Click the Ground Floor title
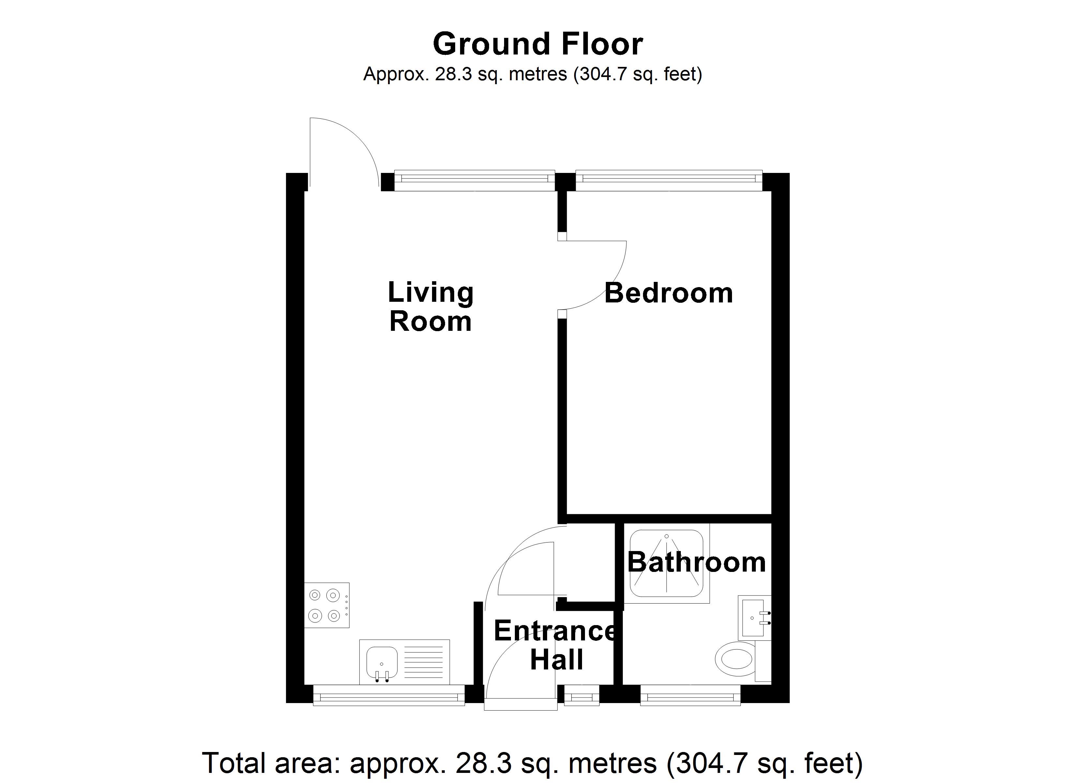[538, 44]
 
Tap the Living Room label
[430, 307]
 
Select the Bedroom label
[668, 293]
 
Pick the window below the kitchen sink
[389, 697]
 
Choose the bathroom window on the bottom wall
[690, 697]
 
